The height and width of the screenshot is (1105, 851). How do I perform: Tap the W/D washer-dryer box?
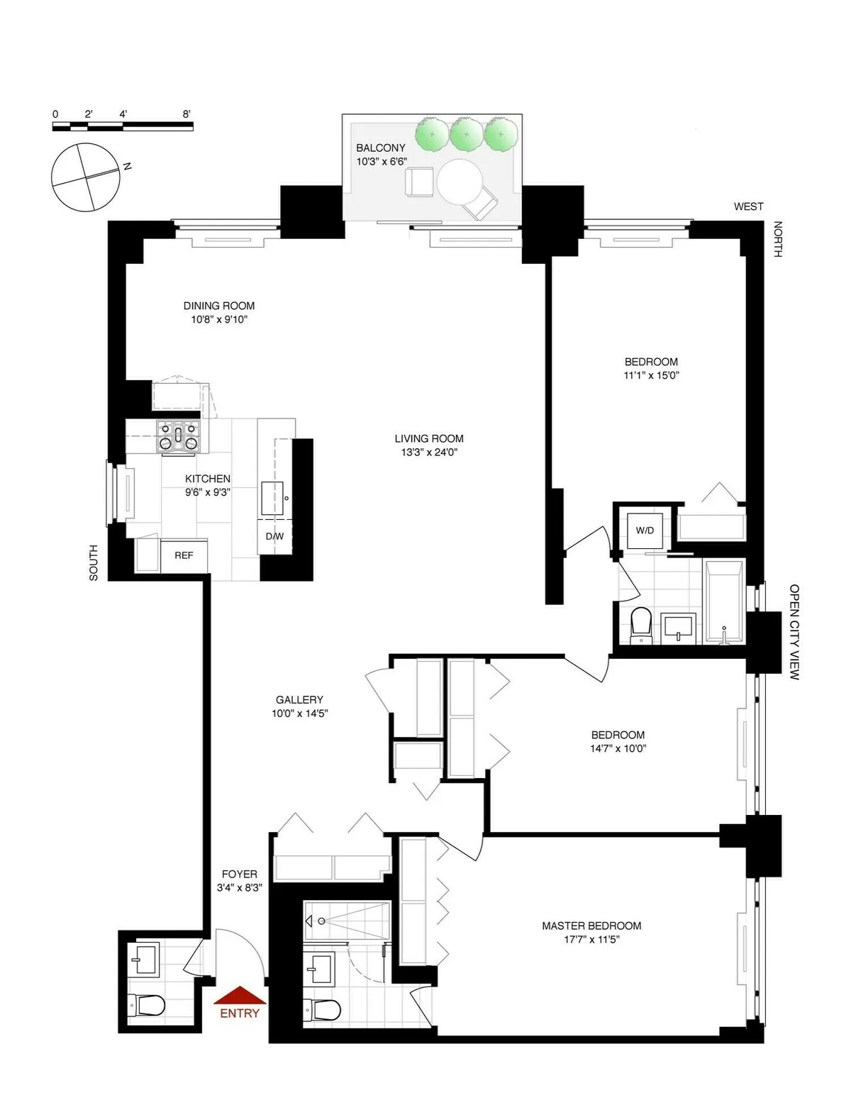pos(645,530)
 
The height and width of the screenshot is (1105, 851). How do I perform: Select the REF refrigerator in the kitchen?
pos(184,555)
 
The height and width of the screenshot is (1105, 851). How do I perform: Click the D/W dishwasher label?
pos(274,536)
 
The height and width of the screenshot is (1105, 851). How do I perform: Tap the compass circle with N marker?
pos(84,177)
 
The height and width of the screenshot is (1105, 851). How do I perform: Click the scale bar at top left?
pos(123,126)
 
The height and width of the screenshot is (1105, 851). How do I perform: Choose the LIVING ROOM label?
pos(429,438)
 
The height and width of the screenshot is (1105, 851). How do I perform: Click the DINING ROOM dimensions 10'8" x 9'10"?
pos(219,320)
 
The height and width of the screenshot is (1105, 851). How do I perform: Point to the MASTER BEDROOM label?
pos(591,926)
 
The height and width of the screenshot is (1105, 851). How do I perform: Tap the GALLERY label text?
pos(299,699)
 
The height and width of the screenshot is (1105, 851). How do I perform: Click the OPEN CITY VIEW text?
pos(794,632)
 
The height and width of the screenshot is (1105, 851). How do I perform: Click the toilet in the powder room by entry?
pos(148,1004)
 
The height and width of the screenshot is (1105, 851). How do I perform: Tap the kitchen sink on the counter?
pos(273,497)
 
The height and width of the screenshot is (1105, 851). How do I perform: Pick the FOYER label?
pos(239,874)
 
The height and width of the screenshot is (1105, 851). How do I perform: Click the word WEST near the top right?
pos(748,206)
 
